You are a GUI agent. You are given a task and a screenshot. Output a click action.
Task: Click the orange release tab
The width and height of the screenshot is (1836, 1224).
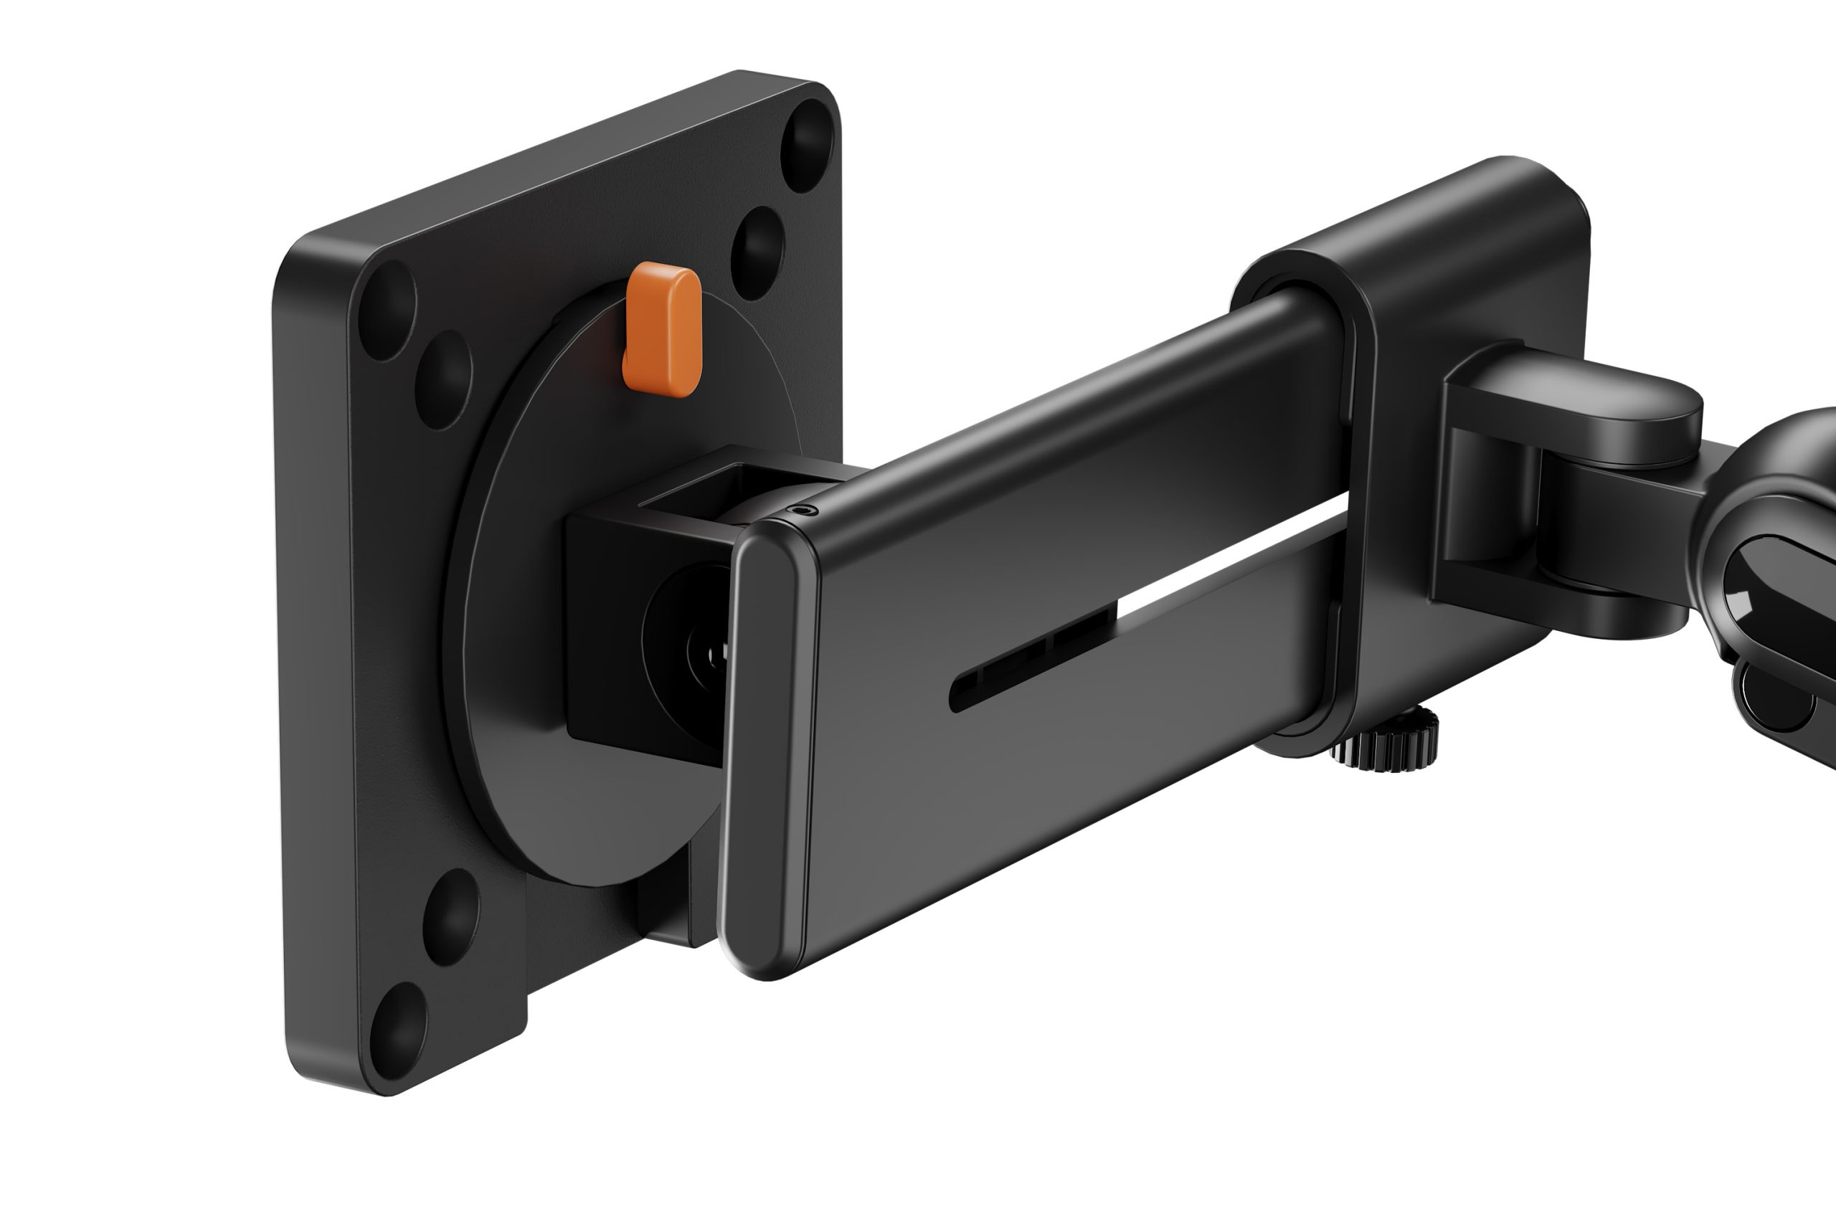coord(662,330)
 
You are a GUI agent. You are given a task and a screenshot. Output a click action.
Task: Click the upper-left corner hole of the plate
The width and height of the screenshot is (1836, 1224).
coord(388,310)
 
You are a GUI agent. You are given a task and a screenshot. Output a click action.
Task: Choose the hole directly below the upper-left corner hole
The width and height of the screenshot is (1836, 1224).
coord(443,380)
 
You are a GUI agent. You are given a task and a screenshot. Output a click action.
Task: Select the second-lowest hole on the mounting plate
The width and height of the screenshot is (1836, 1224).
coord(450,917)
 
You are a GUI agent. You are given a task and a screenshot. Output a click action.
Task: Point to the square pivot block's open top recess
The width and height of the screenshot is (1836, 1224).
coord(703,488)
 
